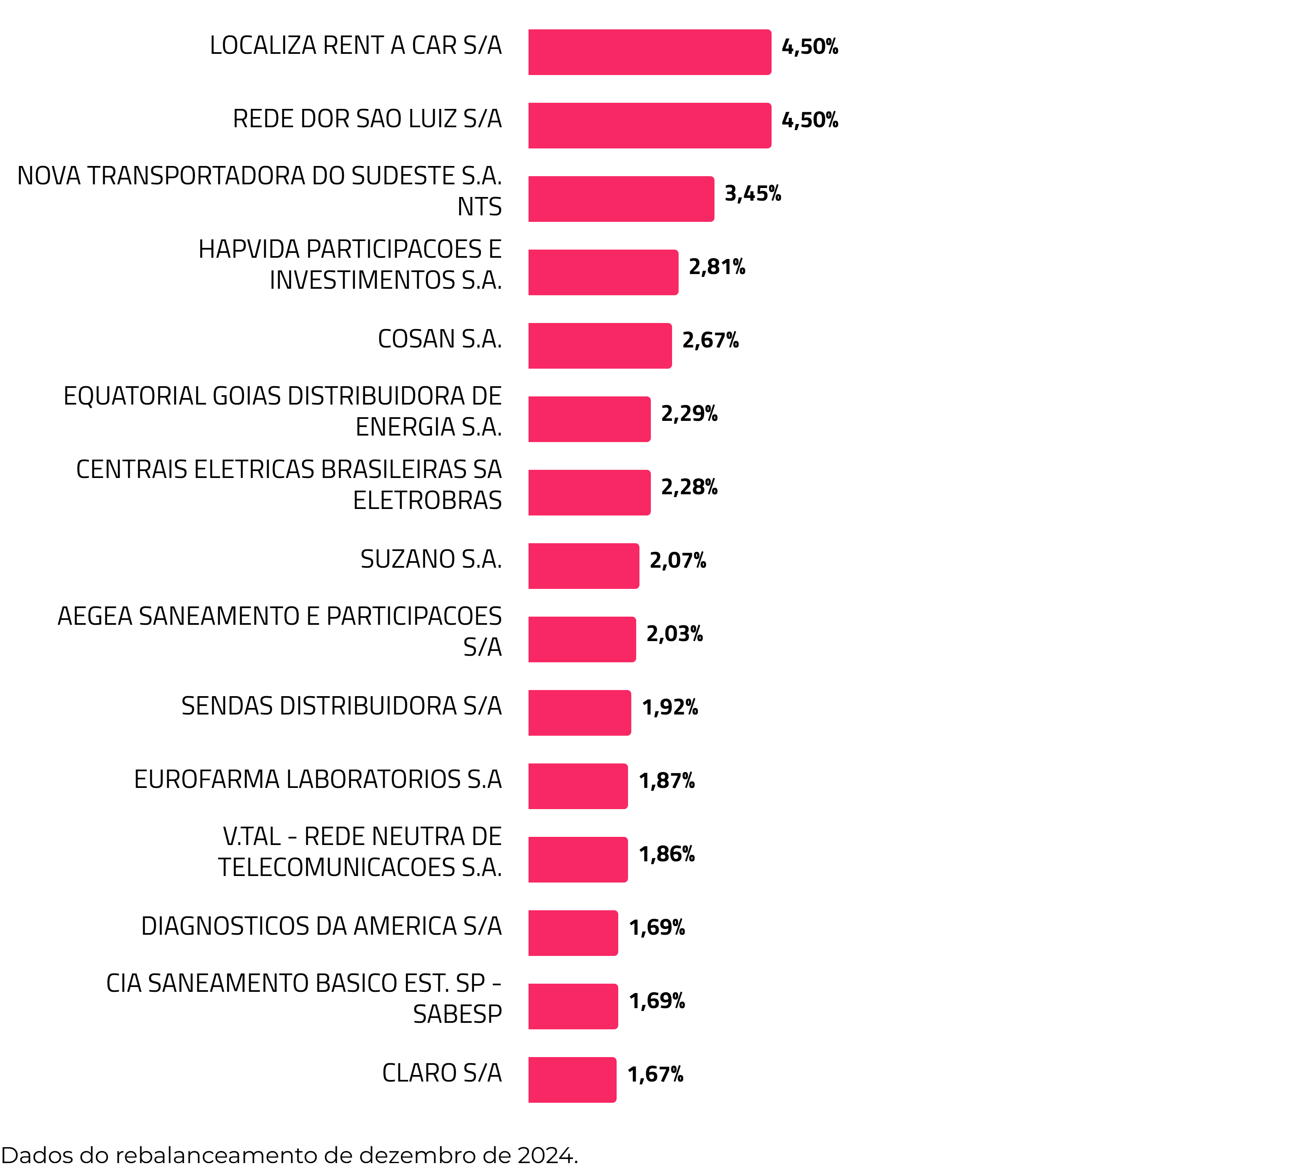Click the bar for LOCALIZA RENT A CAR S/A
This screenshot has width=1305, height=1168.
[x=649, y=52]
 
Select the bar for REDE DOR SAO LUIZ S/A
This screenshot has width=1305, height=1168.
[x=649, y=126]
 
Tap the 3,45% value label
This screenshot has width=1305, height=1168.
[x=752, y=193]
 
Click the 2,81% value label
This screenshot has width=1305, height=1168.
[x=717, y=267]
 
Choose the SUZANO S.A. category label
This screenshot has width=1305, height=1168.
[x=431, y=560]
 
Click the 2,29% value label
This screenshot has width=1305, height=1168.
[x=689, y=414]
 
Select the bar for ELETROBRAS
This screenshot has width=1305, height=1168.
[x=589, y=493]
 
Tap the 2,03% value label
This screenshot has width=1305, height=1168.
[x=674, y=634]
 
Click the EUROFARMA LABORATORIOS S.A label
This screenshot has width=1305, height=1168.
[x=318, y=780]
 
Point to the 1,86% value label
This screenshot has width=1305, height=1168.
[x=667, y=854]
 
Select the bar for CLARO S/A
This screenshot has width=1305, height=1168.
[x=572, y=1080]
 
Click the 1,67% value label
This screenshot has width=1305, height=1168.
[x=655, y=1074]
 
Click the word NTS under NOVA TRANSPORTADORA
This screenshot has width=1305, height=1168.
[x=479, y=207]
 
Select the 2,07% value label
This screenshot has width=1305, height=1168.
[x=677, y=561]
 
